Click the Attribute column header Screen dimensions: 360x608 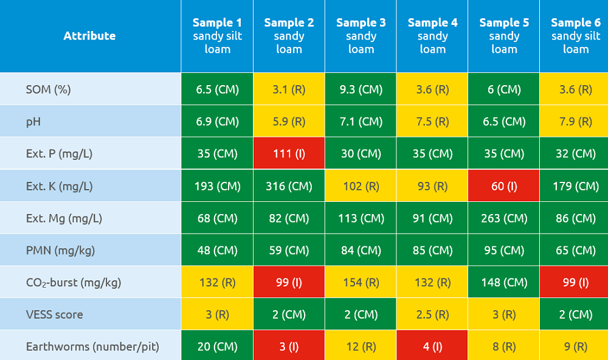click(x=89, y=36)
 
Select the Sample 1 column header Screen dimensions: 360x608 click(x=217, y=36)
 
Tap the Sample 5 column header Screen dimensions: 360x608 click(x=504, y=36)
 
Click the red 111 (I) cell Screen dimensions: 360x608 click(x=289, y=154)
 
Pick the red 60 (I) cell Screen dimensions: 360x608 click(x=504, y=186)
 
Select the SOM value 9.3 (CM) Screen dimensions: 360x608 click(x=361, y=89)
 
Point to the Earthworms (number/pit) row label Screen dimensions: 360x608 click(x=92, y=347)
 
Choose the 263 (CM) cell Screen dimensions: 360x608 click(x=504, y=218)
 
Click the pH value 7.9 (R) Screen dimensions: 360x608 click(x=575, y=122)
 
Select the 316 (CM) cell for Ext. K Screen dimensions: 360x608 click(x=289, y=186)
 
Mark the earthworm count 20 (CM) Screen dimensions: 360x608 click(x=217, y=347)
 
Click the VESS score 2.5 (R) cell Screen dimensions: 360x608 click(x=432, y=314)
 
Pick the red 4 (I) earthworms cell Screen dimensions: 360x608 click(x=432, y=347)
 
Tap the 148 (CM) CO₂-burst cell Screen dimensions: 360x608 click(x=504, y=283)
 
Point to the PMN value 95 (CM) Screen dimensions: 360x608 click(x=504, y=251)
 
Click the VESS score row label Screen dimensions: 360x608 click(x=54, y=314)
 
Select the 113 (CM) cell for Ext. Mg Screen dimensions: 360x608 click(x=361, y=218)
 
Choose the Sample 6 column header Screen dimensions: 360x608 click(x=575, y=36)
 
